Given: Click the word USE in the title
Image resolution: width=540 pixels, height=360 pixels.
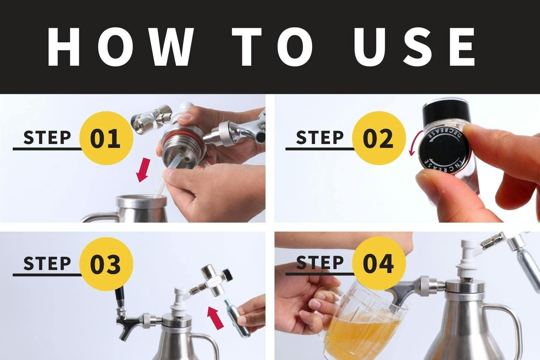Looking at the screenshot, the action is (x=414, y=46).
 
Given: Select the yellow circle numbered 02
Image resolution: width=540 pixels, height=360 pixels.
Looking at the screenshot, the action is (x=379, y=138).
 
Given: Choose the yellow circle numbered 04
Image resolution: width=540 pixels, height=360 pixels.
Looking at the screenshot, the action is (x=379, y=264).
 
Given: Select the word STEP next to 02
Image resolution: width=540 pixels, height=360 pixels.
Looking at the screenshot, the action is (x=319, y=137).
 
